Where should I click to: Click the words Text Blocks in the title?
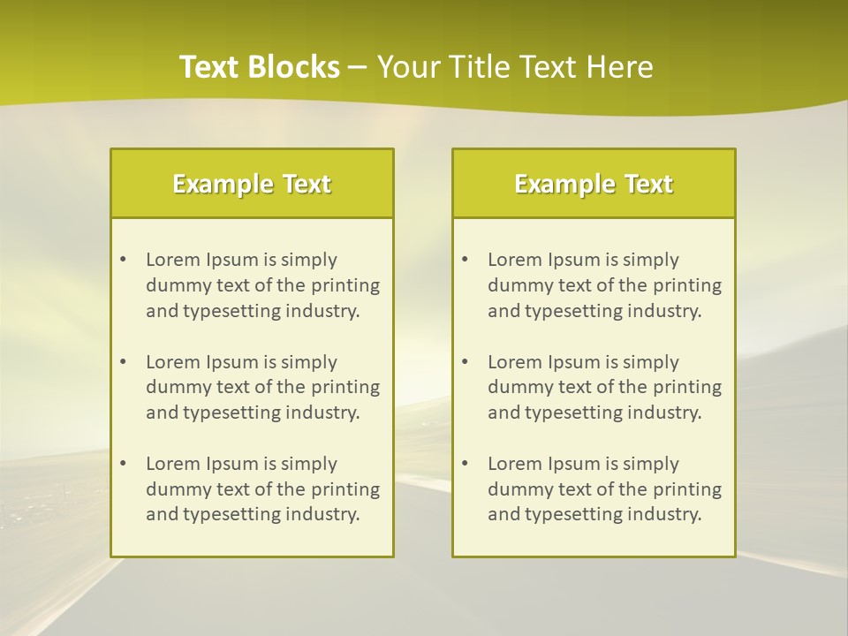[x=260, y=67]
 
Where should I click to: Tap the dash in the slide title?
[x=358, y=67]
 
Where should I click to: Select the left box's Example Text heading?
[x=252, y=184]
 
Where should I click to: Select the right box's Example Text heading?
[x=594, y=184]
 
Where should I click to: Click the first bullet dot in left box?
[x=123, y=260]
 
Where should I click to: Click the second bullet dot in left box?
[x=123, y=362]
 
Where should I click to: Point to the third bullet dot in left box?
[x=123, y=464]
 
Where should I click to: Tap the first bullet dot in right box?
[x=465, y=260]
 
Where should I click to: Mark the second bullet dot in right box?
[x=465, y=362]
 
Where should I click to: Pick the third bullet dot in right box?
[x=465, y=464]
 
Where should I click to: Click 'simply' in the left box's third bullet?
[x=309, y=464]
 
